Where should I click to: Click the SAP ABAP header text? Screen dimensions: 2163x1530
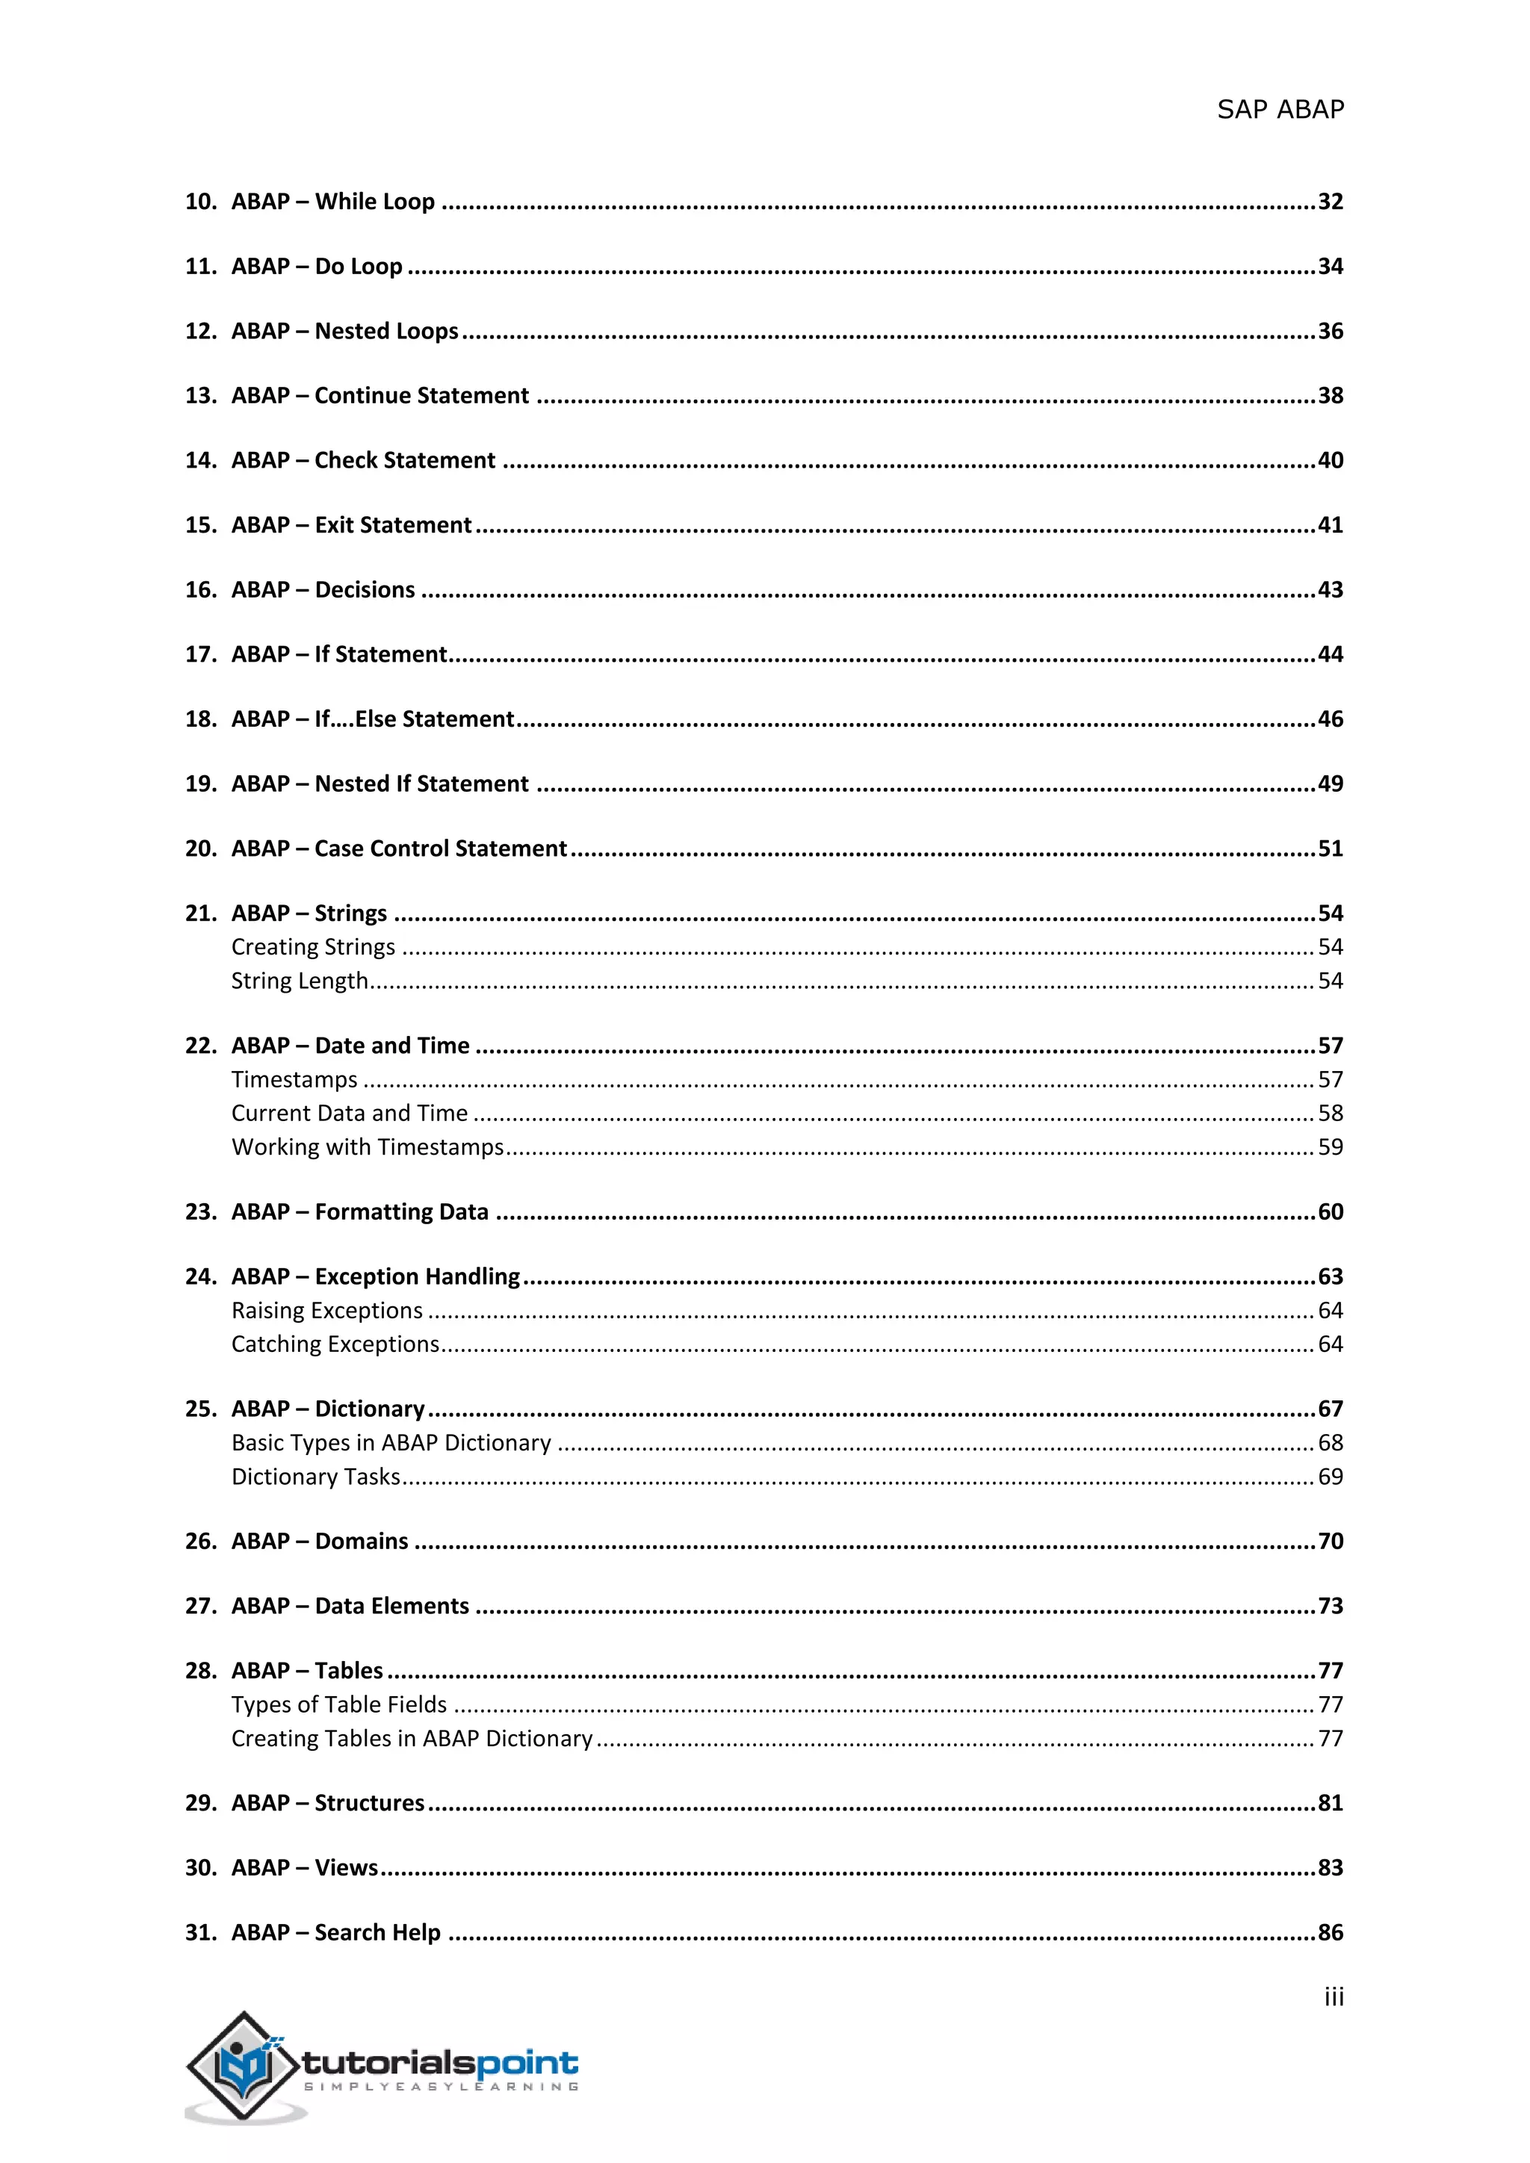point(1280,111)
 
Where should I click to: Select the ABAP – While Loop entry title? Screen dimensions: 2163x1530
point(332,202)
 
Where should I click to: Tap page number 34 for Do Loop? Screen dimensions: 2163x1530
point(1329,267)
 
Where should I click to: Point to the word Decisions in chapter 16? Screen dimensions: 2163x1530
point(365,590)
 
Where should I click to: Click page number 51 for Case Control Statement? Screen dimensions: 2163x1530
point(1329,848)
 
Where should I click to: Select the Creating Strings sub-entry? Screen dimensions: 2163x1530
point(313,947)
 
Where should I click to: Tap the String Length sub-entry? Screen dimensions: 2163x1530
point(299,981)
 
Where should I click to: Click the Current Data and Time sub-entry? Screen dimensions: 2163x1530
point(350,1114)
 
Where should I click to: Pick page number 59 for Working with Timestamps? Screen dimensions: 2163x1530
point(1329,1147)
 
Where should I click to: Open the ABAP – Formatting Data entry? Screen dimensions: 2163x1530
point(360,1212)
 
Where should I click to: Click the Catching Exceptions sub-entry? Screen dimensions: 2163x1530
point(335,1344)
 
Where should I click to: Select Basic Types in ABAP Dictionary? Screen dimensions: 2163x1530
point(391,1443)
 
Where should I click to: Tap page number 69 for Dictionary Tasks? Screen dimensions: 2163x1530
point(1329,1477)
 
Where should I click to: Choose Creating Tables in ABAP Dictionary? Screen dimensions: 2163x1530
point(412,1738)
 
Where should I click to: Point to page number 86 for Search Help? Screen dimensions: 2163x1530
point(1329,1933)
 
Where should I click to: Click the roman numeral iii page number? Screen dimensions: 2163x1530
point(1333,1998)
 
